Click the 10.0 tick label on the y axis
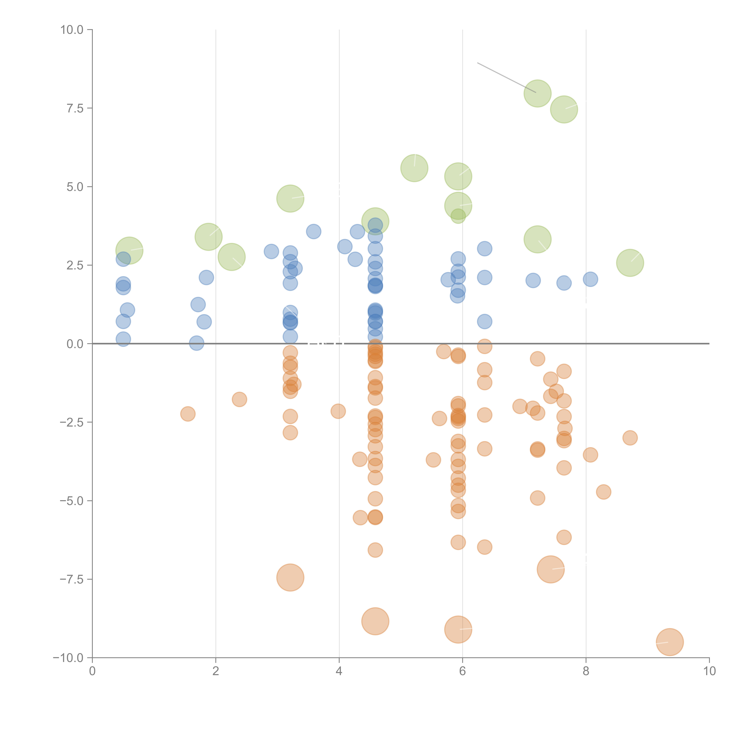point(72,30)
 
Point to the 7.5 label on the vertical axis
point(75,108)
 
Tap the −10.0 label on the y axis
point(68,658)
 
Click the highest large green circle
point(537,93)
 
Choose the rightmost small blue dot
point(590,279)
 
